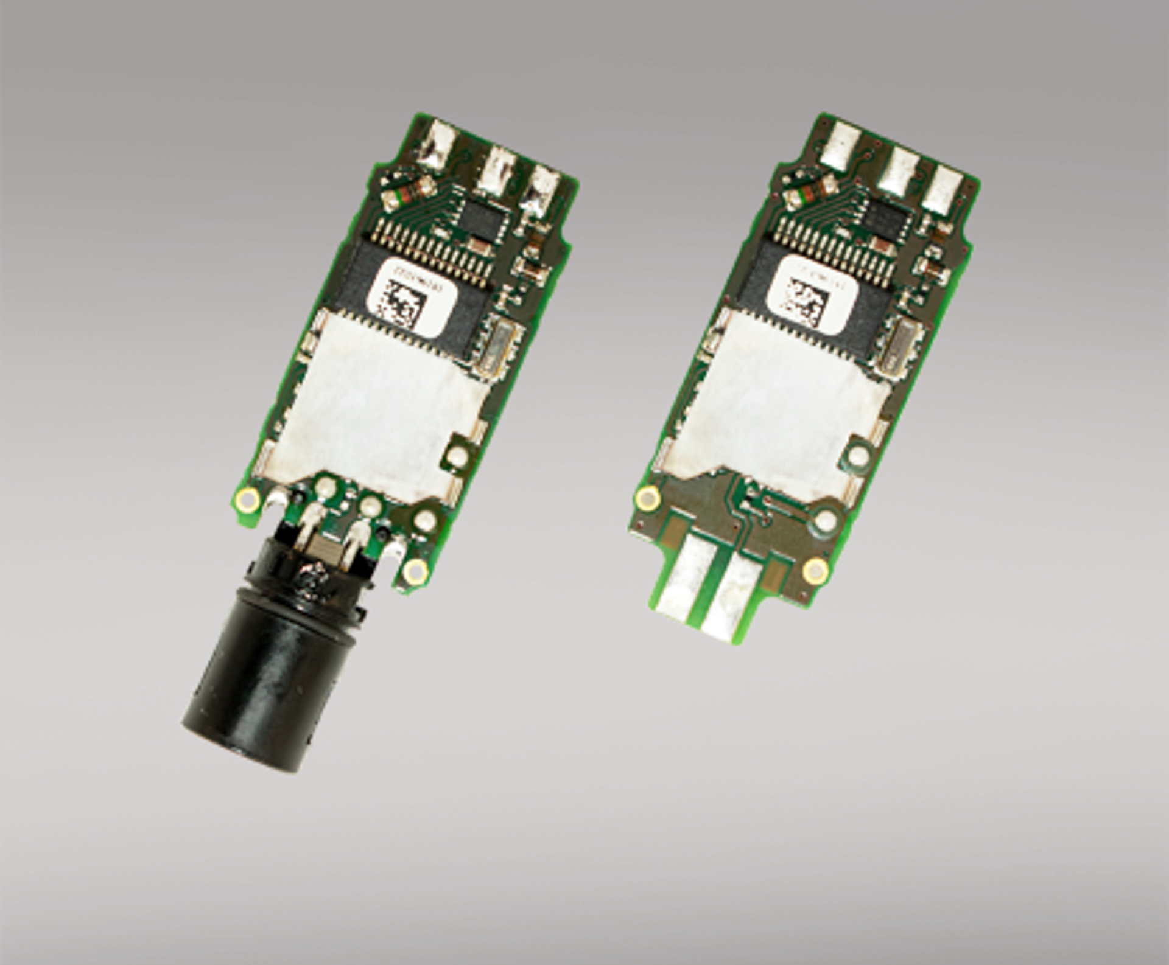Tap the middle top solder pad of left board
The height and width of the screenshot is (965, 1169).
pos(497,170)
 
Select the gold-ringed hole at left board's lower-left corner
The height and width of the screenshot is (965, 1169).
pos(248,499)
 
